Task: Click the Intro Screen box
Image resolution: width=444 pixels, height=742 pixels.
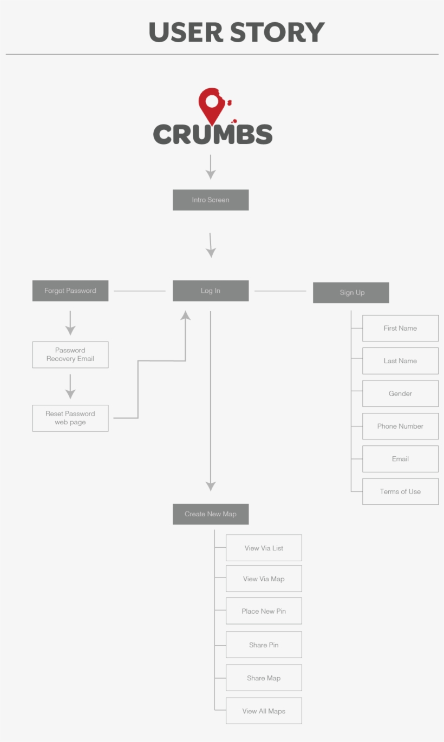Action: tap(211, 200)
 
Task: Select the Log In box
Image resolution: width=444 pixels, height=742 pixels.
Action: tap(211, 291)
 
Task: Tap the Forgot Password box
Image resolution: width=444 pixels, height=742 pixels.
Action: tap(70, 291)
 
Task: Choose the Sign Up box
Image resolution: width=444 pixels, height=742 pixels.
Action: tap(351, 292)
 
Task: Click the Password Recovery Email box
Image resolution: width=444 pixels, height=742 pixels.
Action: tap(70, 354)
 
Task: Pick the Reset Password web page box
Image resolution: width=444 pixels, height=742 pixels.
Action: tap(70, 418)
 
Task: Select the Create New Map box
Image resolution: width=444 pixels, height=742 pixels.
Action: tap(211, 514)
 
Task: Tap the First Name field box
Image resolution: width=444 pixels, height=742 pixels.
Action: tap(400, 328)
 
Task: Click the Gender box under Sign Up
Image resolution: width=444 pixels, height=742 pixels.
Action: tap(400, 393)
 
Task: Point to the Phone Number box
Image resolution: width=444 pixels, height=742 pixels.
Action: tap(400, 426)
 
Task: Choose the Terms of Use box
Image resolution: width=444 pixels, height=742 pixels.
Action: tap(400, 491)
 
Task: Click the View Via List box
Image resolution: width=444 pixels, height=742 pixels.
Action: tap(264, 548)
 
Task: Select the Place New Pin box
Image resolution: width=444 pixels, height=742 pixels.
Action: tap(264, 611)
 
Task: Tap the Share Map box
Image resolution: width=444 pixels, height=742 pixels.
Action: tap(264, 678)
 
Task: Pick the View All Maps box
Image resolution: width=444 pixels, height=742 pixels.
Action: tap(264, 711)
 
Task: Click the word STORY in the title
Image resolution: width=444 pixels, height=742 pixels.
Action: tap(277, 32)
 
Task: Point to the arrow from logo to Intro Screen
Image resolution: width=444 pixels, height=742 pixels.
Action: tap(211, 167)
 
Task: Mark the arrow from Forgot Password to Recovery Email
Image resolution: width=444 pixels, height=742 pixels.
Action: tap(70, 323)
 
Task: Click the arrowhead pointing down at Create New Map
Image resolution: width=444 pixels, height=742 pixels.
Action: tap(211, 486)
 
